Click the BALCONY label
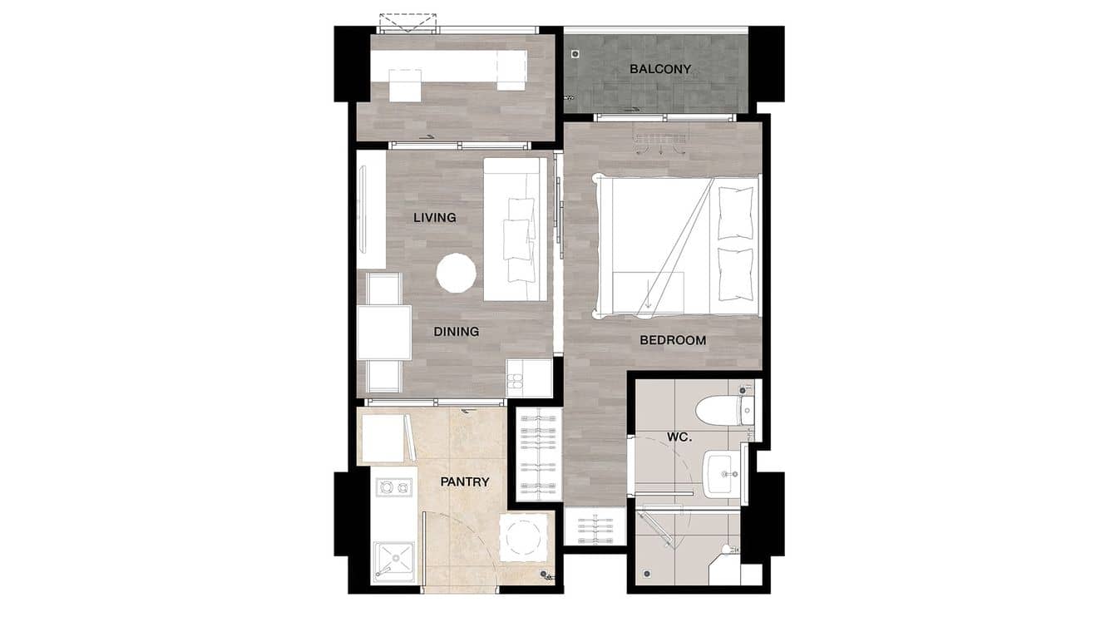click(659, 69)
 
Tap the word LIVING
click(435, 218)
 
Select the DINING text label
click(456, 332)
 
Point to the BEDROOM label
click(673, 340)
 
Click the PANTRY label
click(464, 481)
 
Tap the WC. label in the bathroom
click(679, 437)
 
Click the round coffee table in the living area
click(457, 274)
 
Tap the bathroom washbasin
click(722, 472)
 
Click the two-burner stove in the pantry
click(393, 486)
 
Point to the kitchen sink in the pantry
click(393, 560)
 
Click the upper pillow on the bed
click(735, 213)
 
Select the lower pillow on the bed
click(735, 274)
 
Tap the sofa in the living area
click(516, 229)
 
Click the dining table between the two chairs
click(383, 333)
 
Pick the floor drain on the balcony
click(575, 54)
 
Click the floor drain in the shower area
click(648, 573)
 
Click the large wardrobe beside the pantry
click(535, 454)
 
